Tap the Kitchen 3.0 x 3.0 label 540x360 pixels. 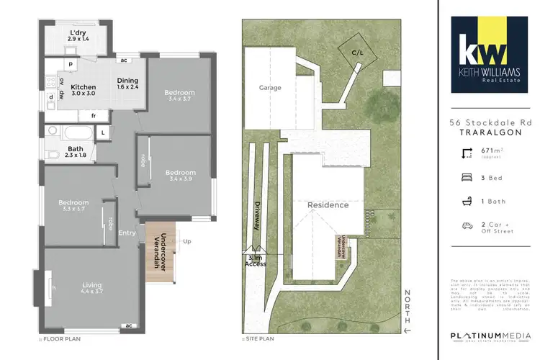click(84, 89)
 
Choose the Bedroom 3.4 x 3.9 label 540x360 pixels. click(179, 176)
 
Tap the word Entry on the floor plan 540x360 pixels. click(127, 233)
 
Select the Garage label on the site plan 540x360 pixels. click(270, 88)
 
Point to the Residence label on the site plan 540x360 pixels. click(328, 205)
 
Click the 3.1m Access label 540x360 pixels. click(256, 261)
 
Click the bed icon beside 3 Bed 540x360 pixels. click(467, 177)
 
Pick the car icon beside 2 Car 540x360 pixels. click(467, 225)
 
